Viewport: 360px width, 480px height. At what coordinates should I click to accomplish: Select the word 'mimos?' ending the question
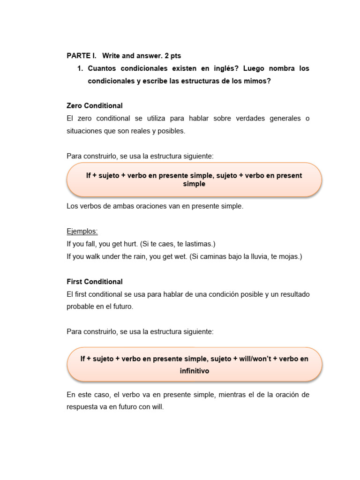pyautogui.click(x=255, y=81)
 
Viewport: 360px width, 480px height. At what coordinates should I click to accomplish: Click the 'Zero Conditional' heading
pyautogui.click(x=95, y=106)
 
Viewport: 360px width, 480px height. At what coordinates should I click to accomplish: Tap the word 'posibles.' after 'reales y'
pyautogui.click(x=171, y=131)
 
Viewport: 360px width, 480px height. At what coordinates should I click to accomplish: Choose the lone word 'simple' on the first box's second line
pyautogui.click(x=194, y=184)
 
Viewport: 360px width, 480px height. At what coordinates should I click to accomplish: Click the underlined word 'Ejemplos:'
pyautogui.click(x=82, y=232)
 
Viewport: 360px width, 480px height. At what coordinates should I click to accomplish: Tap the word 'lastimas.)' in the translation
pyautogui.click(x=199, y=244)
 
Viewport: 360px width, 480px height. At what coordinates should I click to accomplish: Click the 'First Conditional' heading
pyautogui.click(x=95, y=282)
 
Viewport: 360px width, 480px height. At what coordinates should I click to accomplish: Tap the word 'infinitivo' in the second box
pyautogui.click(x=194, y=371)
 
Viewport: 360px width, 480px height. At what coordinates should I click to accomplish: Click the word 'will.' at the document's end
pyautogui.click(x=156, y=407)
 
